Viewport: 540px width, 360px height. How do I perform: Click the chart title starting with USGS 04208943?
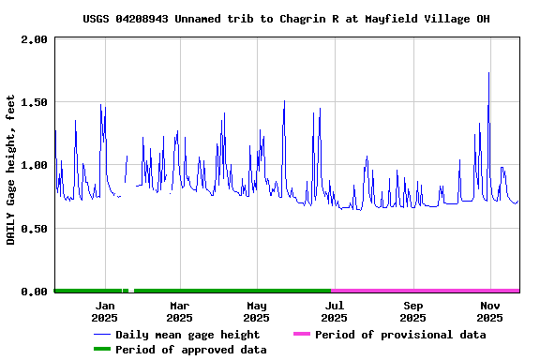coord(286,19)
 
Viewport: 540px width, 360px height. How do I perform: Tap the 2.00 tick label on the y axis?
coord(34,39)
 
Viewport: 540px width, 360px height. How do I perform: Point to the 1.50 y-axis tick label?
coord(34,102)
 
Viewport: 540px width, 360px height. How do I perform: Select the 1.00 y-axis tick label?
coord(34,165)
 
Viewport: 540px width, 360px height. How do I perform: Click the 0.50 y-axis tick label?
coord(34,229)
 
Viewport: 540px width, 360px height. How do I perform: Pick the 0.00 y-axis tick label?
coord(34,292)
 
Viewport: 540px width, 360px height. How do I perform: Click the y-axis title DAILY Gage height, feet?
coord(11,169)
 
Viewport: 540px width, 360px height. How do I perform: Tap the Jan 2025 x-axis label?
coord(104,311)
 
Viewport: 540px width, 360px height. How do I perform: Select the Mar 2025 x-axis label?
coord(179,311)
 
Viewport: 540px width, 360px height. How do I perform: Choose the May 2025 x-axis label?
coord(257,311)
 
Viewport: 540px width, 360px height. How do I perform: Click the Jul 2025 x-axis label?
coord(334,311)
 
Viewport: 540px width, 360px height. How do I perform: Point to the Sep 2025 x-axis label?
coord(412,311)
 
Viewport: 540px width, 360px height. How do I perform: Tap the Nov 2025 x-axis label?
coord(489,311)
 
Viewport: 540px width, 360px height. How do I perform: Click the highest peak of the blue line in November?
coord(488,74)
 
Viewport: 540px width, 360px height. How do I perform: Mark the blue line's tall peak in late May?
coord(284,102)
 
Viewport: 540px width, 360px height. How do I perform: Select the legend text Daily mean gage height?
coord(187,335)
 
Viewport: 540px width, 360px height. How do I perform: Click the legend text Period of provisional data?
coord(400,335)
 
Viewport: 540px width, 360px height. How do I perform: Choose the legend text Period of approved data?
coord(191,350)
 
